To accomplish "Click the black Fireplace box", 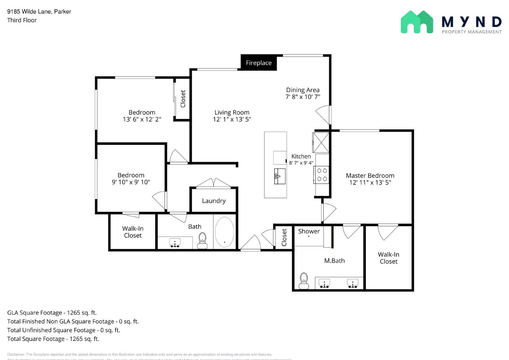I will [259, 63].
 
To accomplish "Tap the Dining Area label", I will [303, 90].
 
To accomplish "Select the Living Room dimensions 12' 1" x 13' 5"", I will [232, 120].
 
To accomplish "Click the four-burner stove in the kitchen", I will [322, 175].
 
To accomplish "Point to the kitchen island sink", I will [280, 176].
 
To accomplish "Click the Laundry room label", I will [214, 201].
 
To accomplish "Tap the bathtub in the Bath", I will [225, 232].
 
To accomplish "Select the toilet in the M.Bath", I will [304, 281].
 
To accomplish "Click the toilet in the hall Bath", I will [202, 241].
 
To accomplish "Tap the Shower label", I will [309, 232].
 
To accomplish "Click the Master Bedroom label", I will [370, 176].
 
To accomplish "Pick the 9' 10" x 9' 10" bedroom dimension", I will [131, 182].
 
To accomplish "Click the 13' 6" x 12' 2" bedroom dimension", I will [142, 120].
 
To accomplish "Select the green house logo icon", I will [416, 22].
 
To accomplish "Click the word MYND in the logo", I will [471, 22].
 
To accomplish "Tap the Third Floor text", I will [22, 20].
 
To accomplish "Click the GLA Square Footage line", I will [52, 313].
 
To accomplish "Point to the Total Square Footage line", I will [53, 339].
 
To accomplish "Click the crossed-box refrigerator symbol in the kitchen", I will [321, 142].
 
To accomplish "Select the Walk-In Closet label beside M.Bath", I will [388, 258].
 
